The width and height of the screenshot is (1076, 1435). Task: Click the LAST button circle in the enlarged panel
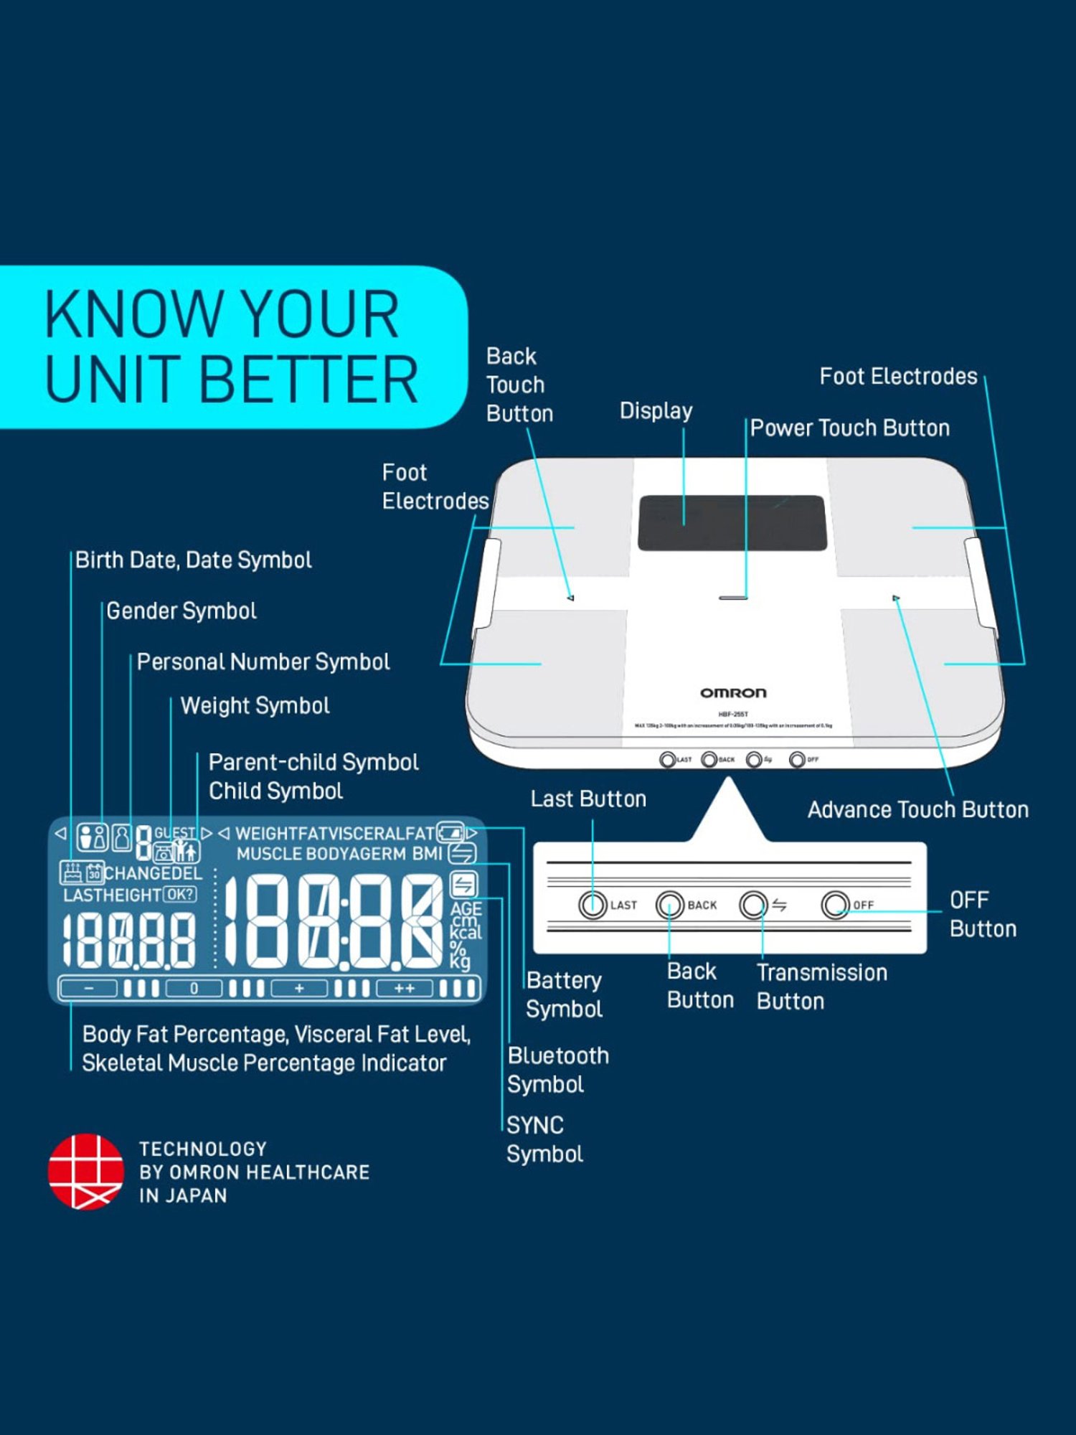coord(593,905)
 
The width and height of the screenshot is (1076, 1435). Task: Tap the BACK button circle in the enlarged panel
coord(670,905)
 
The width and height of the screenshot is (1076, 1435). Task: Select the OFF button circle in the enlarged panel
coord(836,905)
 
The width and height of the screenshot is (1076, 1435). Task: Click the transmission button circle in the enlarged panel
coord(754,905)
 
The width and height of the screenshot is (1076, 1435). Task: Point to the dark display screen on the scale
coord(732,523)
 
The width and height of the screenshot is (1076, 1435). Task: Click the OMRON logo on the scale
coord(733,692)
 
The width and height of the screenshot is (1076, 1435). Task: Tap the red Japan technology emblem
coord(85,1171)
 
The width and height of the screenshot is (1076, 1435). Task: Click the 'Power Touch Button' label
coord(849,428)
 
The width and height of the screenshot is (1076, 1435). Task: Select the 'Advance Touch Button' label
coord(917,810)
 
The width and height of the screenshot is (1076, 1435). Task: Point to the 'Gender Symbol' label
coord(181,611)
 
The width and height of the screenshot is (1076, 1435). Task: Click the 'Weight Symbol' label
coord(255,706)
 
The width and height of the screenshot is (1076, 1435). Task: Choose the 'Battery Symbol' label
coord(564,994)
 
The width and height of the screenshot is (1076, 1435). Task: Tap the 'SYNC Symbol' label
coord(544,1139)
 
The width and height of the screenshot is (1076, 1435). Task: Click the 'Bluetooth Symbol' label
coord(557,1070)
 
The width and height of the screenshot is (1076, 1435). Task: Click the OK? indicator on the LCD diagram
coord(179,895)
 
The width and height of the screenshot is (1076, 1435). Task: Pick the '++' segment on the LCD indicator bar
coord(405,989)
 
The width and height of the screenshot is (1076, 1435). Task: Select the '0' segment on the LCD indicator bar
coord(194,989)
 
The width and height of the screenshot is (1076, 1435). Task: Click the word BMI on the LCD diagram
coord(427,854)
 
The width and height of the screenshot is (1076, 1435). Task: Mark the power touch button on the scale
coord(732,597)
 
